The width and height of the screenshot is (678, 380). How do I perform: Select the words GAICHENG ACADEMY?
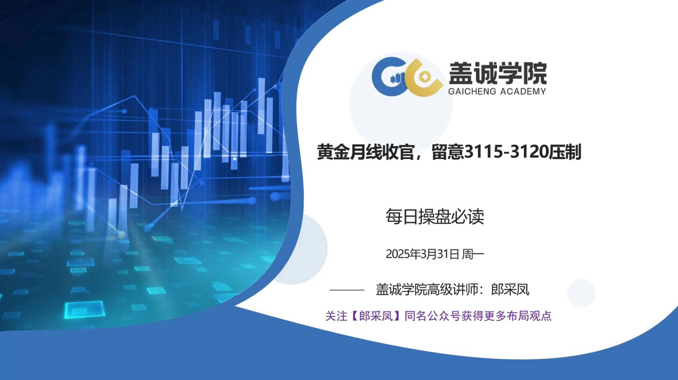click(x=497, y=91)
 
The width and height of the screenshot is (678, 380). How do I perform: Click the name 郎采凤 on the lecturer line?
click(x=510, y=290)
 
